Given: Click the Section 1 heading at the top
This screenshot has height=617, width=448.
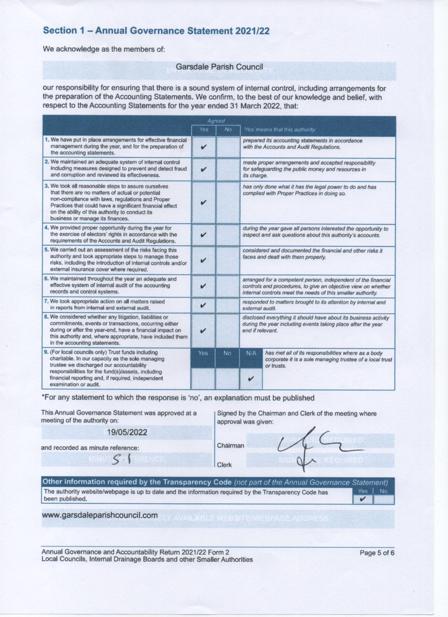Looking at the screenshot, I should (x=156, y=31).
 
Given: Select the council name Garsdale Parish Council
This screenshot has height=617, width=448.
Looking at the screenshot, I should (x=219, y=68).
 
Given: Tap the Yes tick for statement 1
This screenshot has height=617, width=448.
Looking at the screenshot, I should (x=203, y=147).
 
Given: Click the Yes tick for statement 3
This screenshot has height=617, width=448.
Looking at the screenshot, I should (x=203, y=202).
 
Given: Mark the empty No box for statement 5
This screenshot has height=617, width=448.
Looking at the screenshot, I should (x=228, y=260).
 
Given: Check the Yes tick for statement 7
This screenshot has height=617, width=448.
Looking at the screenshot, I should (x=203, y=305).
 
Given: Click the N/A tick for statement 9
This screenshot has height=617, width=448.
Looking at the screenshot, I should (x=251, y=378).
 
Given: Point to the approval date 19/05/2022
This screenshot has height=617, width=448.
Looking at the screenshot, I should (x=127, y=432).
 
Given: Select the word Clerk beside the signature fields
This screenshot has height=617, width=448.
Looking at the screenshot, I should (x=225, y=465).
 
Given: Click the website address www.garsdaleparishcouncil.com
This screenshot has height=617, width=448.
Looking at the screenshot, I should (x=100, y=515).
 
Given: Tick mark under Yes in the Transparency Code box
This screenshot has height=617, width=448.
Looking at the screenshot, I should (x=362, y=498).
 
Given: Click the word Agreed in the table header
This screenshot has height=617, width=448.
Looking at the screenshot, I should (x=216, y=121).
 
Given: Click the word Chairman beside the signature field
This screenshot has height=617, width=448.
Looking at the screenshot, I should (x=230, y=446).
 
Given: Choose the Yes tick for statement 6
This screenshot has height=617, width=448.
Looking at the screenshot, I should (x=203, y=286).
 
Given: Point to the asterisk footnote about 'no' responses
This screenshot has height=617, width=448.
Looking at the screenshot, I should (x=178, y=397).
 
